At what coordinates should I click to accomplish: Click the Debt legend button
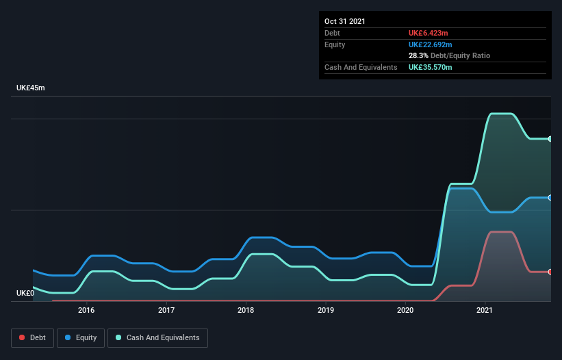[x=32, y=337]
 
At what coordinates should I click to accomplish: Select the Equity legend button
[x=81, y=337]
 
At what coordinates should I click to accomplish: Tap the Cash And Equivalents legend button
[x=157, y=337]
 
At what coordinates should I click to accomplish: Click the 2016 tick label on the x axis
[x=86, y=310]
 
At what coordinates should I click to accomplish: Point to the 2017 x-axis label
[x=166, y=310]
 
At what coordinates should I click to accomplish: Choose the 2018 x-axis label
[x=246, y=310]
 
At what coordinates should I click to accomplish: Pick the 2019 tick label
[x=326, y=310]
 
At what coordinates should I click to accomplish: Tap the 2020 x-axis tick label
[x=405, y=310]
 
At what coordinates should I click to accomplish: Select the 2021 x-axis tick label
[x=485, y=310]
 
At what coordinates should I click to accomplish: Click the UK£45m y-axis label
[x=30, y=88]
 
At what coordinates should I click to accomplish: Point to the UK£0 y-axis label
[x=25, y=293]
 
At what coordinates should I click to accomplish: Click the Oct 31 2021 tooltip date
[x=345, y=21]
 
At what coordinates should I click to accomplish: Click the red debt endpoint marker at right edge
[x=550, y=272]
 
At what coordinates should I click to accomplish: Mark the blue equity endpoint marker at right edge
[x=550, y=198]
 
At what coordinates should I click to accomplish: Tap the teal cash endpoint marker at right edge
[x=550, y=139]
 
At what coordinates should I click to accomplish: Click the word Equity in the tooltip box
[x=335, y=44]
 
